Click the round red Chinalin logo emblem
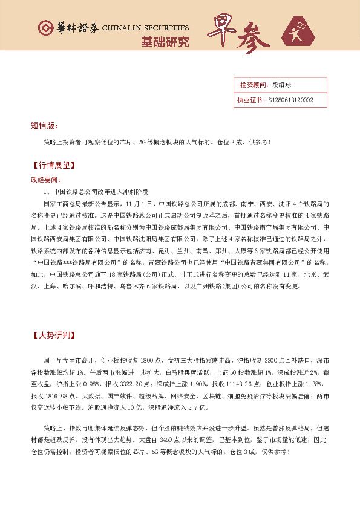(x=45, y=28)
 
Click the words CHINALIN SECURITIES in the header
(x=146, y=28)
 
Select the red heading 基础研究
(x=165, y=42)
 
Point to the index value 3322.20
(x=131, y=383)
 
